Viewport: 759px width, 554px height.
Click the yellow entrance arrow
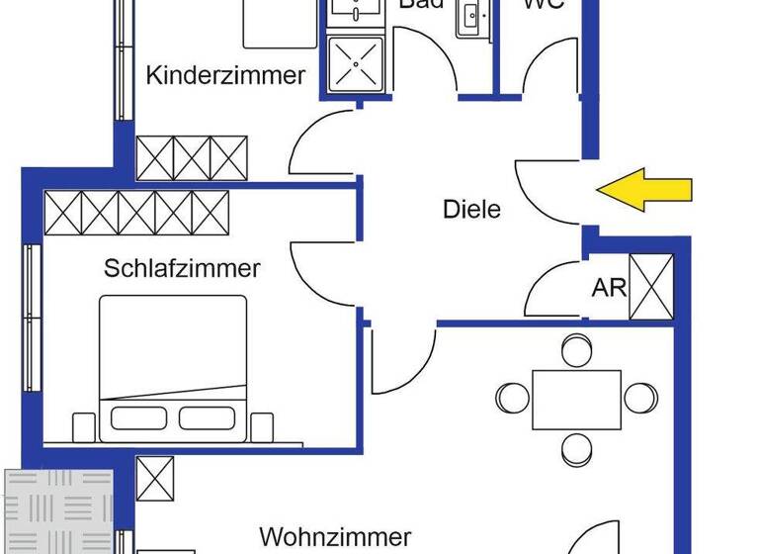point(647,189)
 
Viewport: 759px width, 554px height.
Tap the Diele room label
point(471,210)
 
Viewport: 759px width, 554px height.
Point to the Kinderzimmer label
point(226,76)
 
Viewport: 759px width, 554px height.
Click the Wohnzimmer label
point(335,537)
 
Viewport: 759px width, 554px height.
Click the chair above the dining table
point(576,349)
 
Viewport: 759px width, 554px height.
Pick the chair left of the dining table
point(513,398)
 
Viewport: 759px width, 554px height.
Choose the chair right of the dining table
point(640,398)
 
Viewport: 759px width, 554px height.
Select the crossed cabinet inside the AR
point(651,287)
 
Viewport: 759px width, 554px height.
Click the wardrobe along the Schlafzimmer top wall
point(136,211)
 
